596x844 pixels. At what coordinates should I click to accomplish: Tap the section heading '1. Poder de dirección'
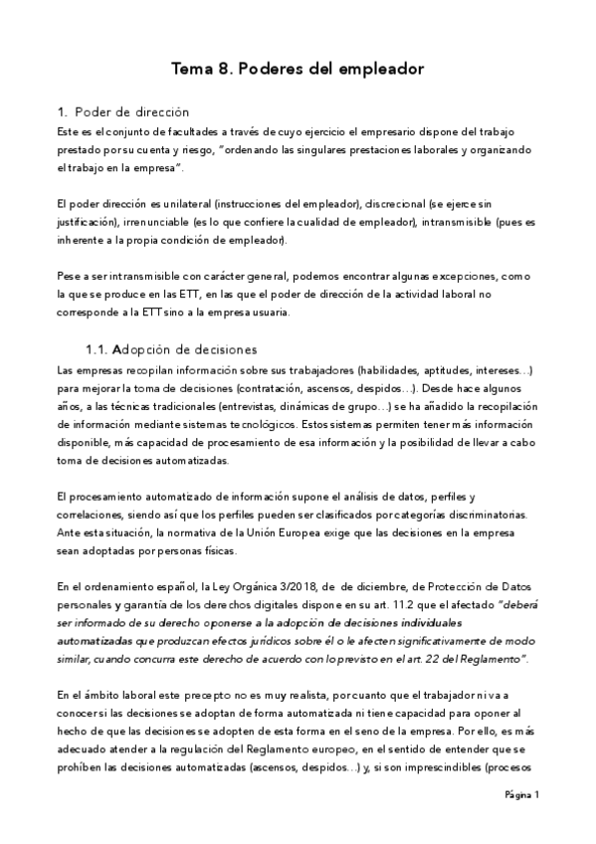123,111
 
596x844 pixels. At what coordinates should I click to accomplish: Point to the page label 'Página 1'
521,794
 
